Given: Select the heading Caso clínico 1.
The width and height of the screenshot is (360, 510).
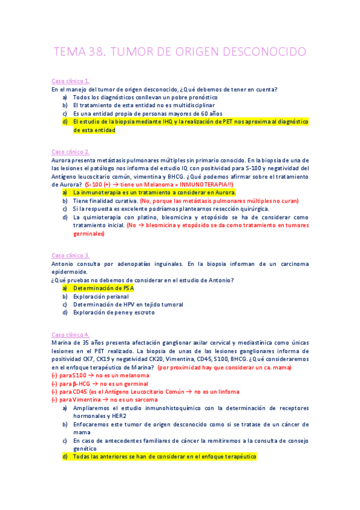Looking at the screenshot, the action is click(x=71, y=81).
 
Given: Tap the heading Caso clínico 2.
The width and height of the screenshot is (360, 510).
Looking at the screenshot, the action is click(x=71, y=152).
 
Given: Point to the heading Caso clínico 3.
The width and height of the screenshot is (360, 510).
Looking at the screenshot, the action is click(x=71, y=255).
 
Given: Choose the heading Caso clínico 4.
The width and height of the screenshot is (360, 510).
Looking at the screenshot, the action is click(x=71, y=334).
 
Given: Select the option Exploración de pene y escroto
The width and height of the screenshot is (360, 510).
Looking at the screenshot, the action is click(x=114, y=312).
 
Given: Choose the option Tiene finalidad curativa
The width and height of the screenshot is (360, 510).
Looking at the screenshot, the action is click(x=105, y=200).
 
